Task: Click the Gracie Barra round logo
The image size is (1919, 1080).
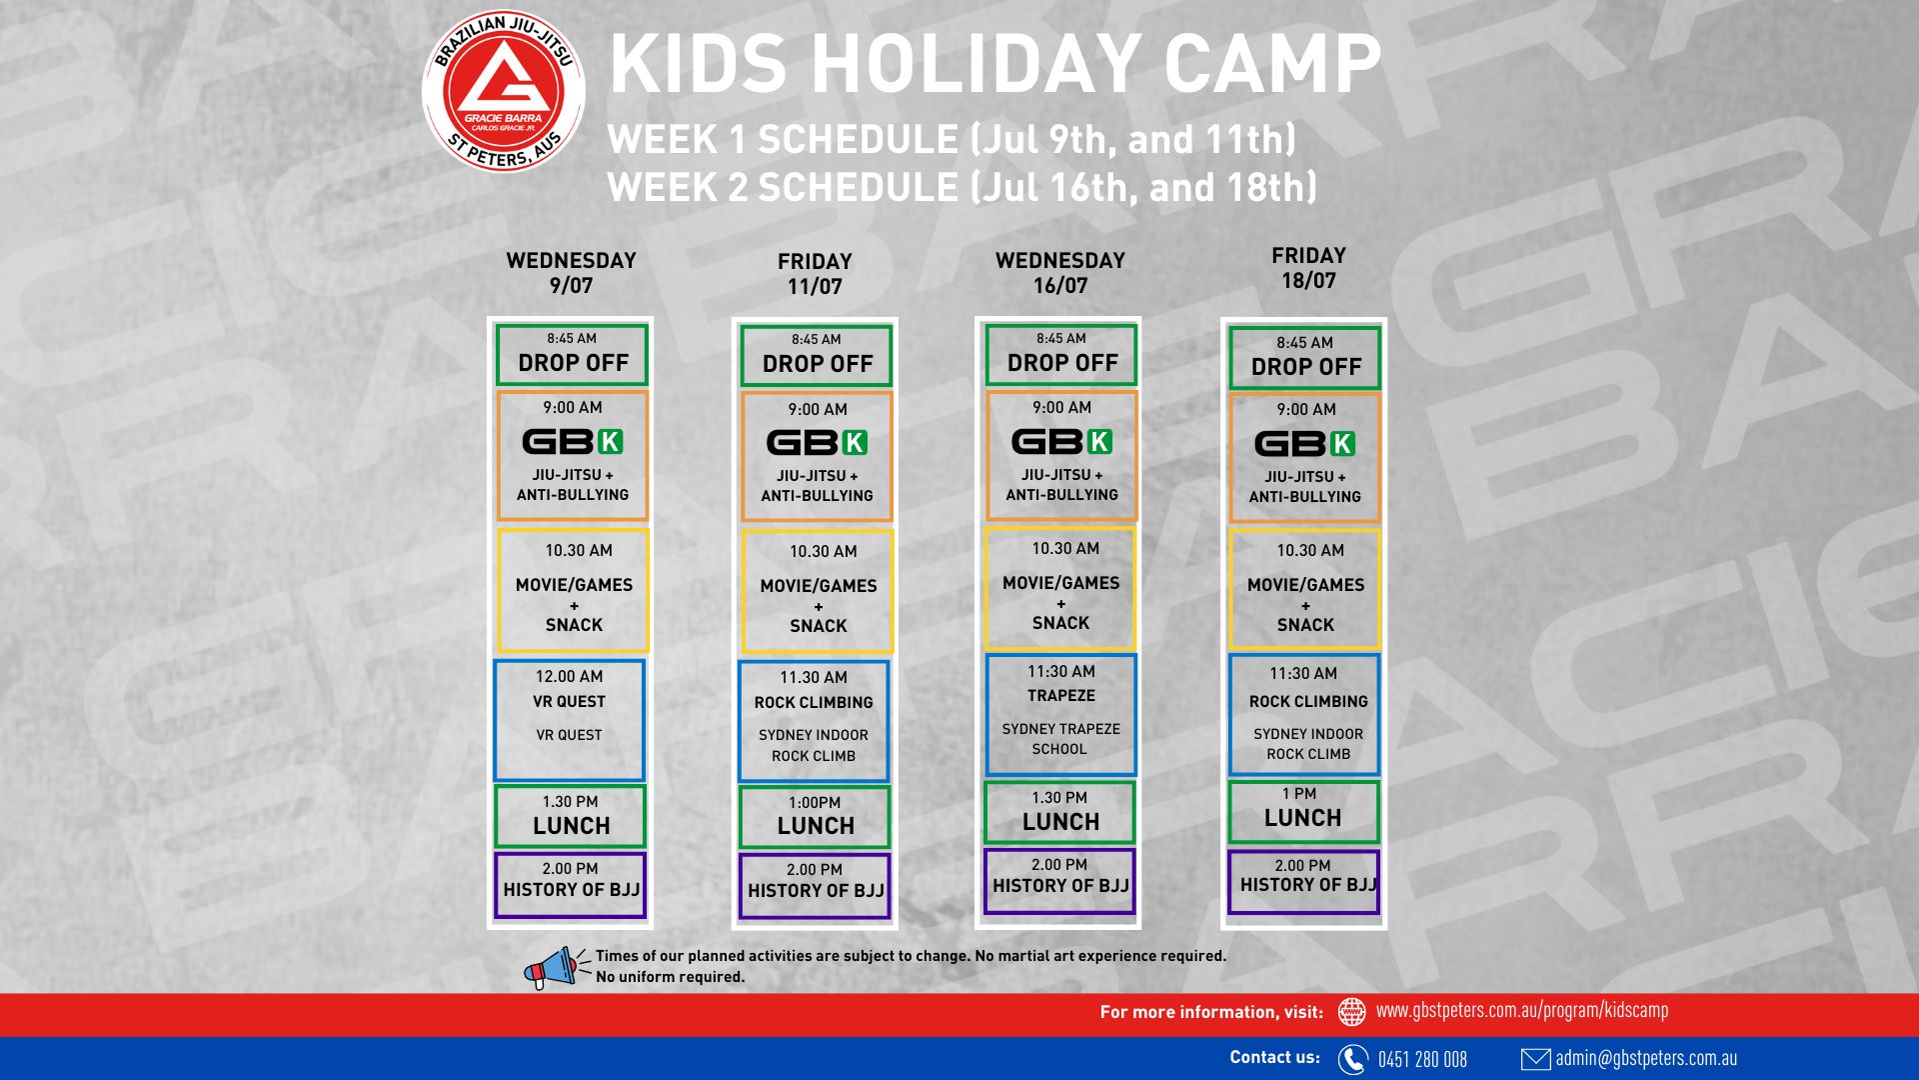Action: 504,91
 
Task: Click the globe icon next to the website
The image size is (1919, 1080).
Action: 1351,1012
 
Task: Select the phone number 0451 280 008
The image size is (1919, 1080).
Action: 1422,1060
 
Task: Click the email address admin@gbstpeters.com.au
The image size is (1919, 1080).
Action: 1646,1058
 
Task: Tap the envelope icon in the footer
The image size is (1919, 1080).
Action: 1535,1059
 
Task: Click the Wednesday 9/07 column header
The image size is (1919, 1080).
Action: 571,273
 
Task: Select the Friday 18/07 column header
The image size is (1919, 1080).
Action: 1308,268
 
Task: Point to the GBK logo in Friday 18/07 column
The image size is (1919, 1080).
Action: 1304,443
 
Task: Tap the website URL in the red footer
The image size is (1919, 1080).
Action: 1522,1011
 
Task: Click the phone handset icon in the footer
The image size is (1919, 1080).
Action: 1352,1059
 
